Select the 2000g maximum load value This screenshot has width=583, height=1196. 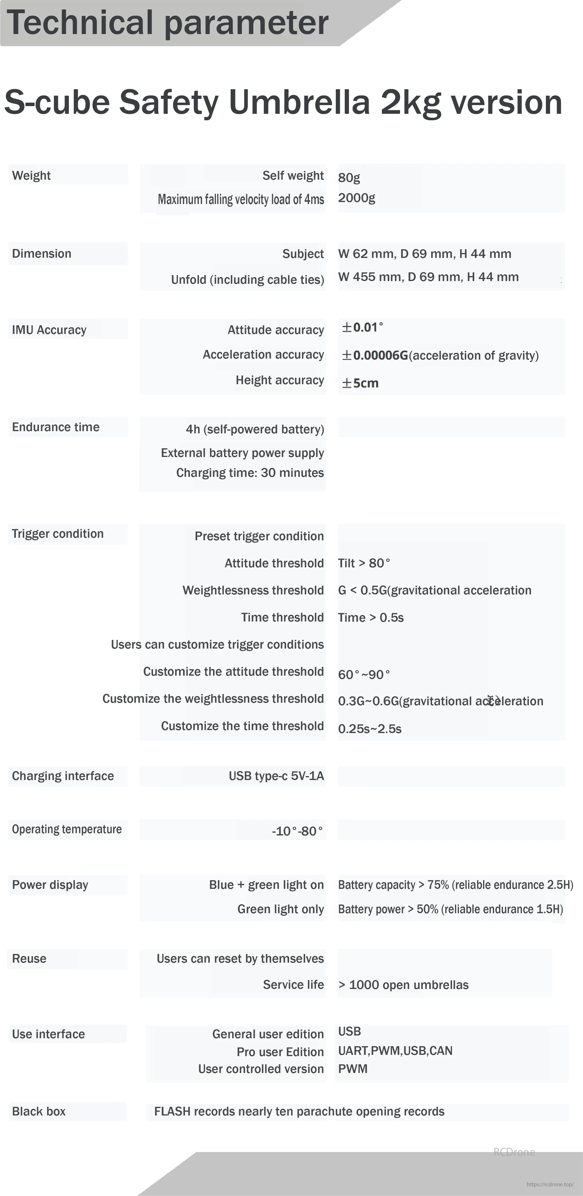pyautogui.click(x=356, y=198)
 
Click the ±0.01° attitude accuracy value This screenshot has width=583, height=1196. pyautogui.click(x=362, y=327)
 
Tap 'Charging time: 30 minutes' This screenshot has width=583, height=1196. pyautogui.click(x=250, y=473)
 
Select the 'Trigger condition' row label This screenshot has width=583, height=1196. pyautogui.click(x=58, y=534)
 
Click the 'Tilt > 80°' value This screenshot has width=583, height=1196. pyautogui.click(x=364, y=563)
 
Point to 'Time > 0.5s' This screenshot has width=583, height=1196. pyautogui.click(x=371, y=618)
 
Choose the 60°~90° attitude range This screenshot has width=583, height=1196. pyautogui.click(x=364, y=674)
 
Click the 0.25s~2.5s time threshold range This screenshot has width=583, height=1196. pyautogui.click(x=370, y=729)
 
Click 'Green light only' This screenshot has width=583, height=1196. pyautogui.click(x=281, y=909)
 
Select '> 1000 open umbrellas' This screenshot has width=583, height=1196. pyautogui.click(x=403, y=985)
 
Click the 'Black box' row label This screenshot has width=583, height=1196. pyautogui.click(x=39, y=1111)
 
